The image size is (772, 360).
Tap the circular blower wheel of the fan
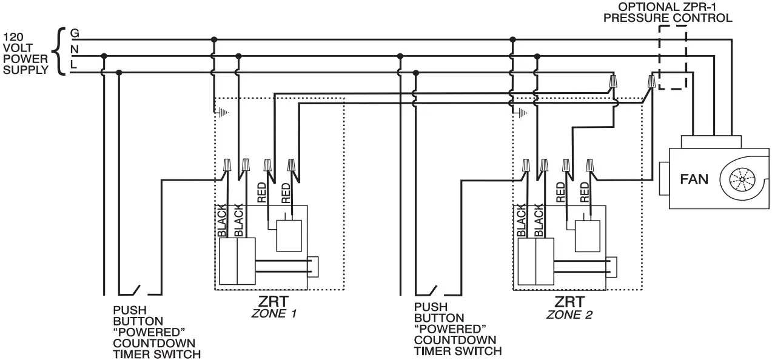coord(742,180)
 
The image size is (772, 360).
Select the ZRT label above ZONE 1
coord(273,301)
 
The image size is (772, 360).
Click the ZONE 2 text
coord(569,315)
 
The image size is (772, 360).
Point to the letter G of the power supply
coord(75,33)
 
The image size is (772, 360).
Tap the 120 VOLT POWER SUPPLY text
coord(25,53)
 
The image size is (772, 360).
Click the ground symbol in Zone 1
coord(223,112)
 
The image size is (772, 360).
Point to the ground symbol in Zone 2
coord(521,112)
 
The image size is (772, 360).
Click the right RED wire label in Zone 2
coord(585,192)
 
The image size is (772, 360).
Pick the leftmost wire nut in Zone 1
coord(229,164)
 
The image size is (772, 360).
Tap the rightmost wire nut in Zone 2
coord(588,164)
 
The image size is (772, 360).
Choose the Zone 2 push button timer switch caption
coord(458,330)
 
